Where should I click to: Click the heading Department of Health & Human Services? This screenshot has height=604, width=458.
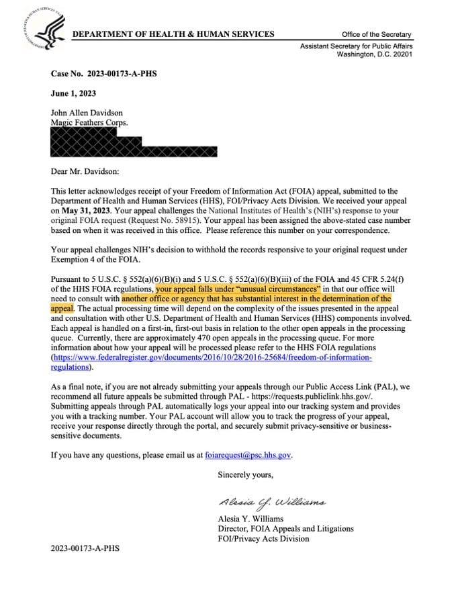[x=173, y=34]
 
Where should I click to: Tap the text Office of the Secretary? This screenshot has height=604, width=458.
[x=376, y=35]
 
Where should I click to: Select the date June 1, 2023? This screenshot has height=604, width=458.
[x=74, y=94]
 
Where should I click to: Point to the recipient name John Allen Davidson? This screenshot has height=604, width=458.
[x=87, y=113]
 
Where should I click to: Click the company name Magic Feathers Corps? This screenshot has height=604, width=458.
[x=89, y=123]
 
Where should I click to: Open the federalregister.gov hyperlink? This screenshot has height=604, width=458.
[x=213, y=357]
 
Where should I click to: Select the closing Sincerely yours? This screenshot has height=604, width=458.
[x=246, y=475]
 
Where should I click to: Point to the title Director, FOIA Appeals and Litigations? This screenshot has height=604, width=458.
[x=285, y=529]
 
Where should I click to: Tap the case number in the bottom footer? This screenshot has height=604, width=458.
[x=85, y=548]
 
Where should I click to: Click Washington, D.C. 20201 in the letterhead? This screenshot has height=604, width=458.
[x=374, y=54]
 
